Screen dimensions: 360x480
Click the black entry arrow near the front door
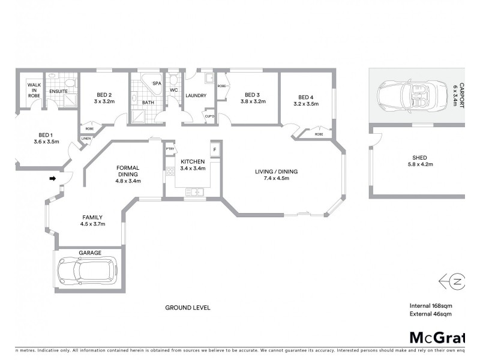tap(53, 178)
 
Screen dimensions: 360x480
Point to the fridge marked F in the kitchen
tap(213, 149)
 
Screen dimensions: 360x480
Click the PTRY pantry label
tap(170, 149)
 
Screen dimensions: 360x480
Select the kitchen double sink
tap(194, 192)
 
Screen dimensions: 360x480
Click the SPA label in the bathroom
tap(157, 83)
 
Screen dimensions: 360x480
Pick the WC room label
tap(174, 91)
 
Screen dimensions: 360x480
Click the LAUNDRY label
tap(196, 95)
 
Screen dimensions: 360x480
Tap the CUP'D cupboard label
tap(209, 116)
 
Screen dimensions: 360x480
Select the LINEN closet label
tap(86, 139)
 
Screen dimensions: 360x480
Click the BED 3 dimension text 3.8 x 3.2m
tap(253, 102)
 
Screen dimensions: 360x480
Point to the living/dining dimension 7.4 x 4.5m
tap(277, 179)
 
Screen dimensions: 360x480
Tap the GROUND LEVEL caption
tap(187, 307)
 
